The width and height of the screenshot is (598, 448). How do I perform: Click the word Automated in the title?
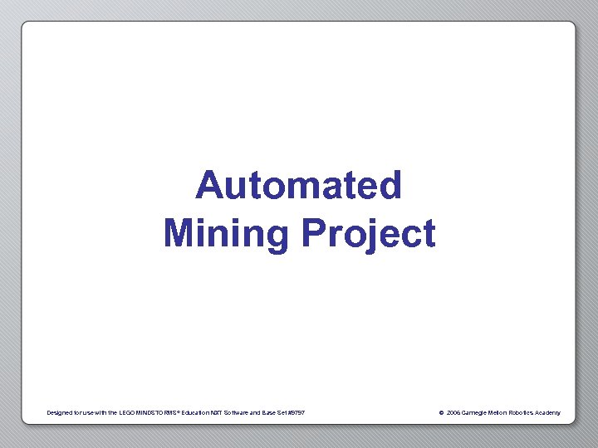click(299, 185)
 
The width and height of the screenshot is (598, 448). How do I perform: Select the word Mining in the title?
click(227, 233)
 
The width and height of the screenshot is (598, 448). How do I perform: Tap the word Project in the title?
click(368, 234)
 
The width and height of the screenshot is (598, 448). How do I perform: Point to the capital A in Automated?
click(208, 185)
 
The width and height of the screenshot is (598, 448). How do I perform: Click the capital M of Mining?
click(179, 233)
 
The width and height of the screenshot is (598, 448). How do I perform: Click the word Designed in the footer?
click(61, 412)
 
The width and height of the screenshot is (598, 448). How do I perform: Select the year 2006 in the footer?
click(453, 412)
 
